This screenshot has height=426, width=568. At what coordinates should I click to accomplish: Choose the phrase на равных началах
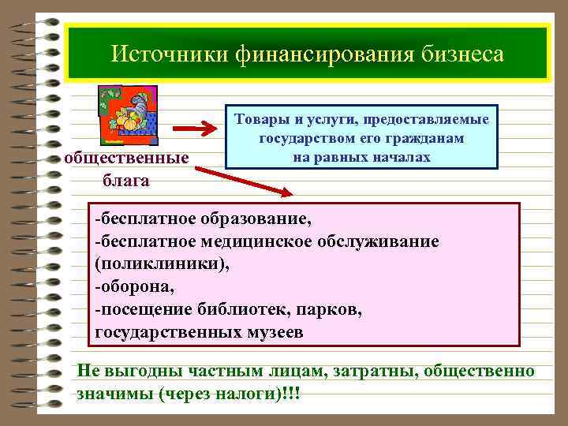[361, 156]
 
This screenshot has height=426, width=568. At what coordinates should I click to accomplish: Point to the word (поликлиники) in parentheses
[162, 263]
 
